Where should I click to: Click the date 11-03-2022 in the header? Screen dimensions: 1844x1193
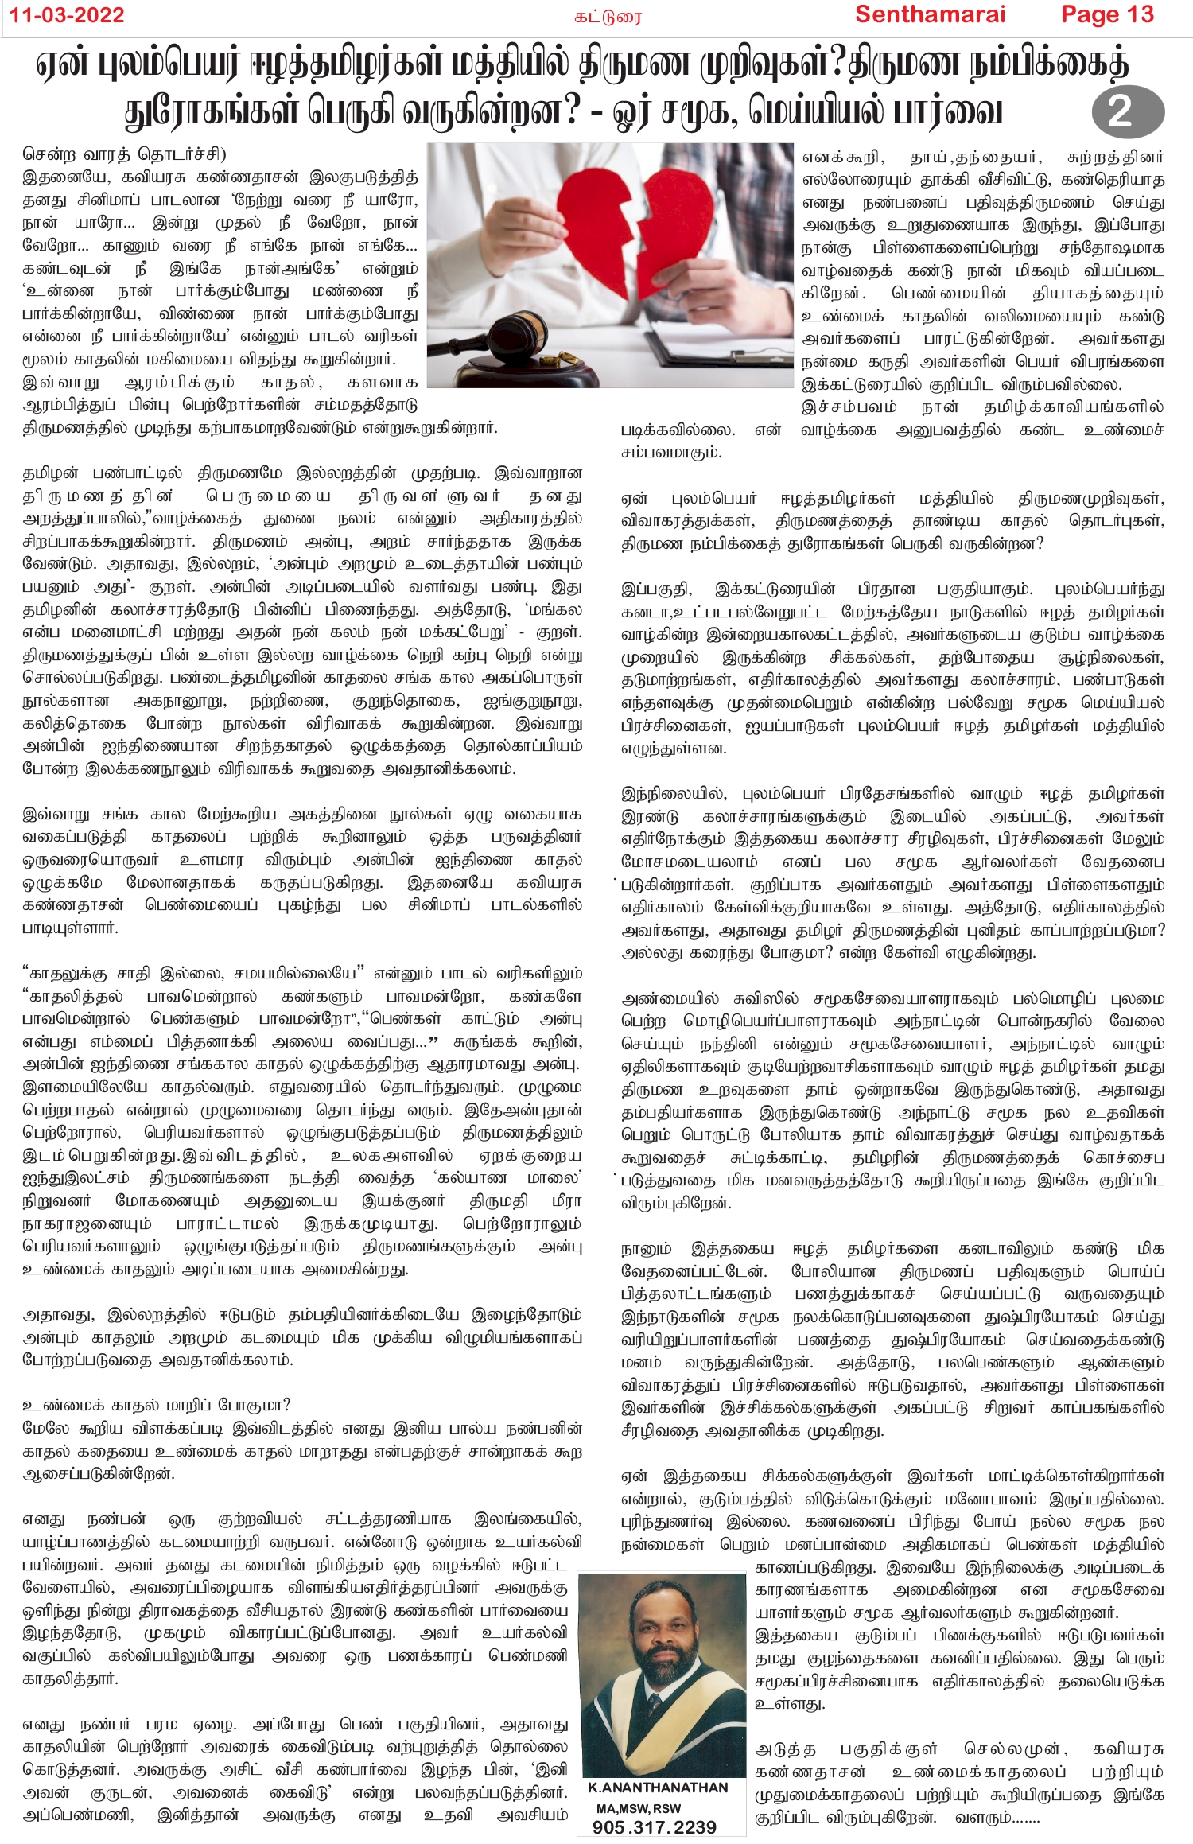point(68,15)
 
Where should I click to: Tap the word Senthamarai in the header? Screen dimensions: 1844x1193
point(930,14)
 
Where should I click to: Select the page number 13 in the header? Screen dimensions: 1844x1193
point(1140,14)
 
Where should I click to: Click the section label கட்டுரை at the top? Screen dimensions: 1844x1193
point(608,17)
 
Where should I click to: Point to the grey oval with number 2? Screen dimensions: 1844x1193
point(1127,111)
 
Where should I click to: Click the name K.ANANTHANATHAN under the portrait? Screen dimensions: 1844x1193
point(658,1788)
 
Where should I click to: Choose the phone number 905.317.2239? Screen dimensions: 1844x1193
point(655,1827)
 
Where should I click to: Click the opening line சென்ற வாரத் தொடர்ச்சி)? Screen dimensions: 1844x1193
point(124,154)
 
